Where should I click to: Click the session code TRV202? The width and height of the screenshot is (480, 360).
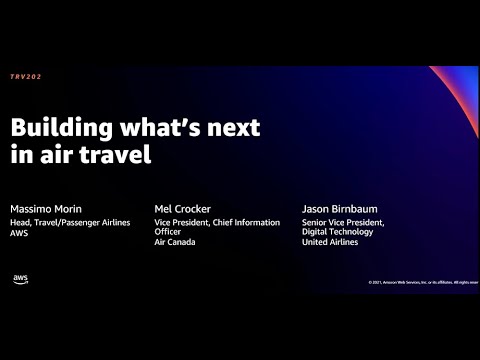(27, 76)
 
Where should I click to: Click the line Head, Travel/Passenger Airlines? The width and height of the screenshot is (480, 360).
(70, 222)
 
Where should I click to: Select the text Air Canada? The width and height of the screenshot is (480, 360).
(175, 242)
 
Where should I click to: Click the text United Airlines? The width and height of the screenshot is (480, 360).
(329, 242)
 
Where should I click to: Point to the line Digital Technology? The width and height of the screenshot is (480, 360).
(336, 232)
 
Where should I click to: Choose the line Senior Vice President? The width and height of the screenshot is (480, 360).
(342, 222)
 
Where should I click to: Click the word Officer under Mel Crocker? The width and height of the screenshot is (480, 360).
(170, 232)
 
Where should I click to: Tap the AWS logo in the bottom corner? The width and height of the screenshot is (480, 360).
(21, 279)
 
